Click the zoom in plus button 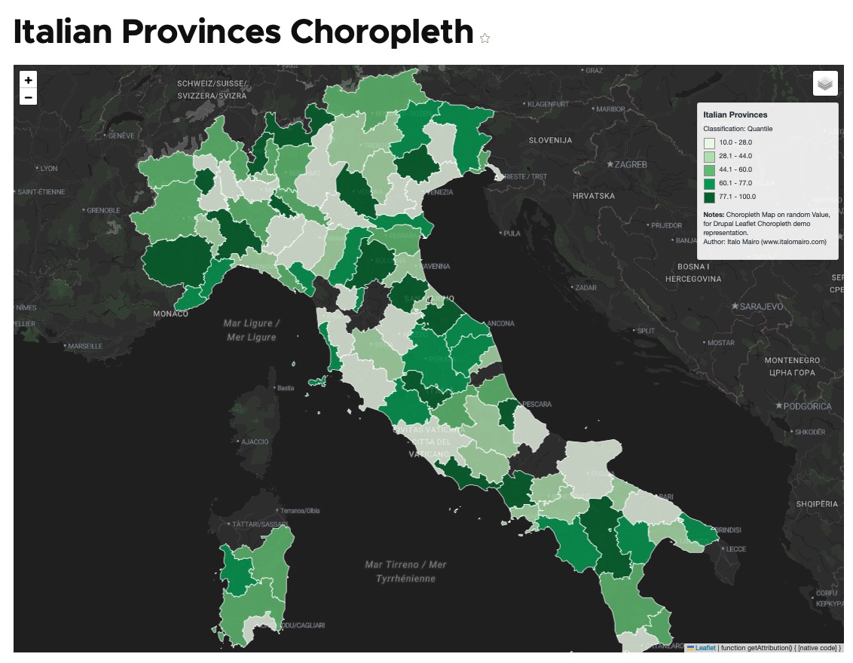pyautogui.click(x=28, y=80)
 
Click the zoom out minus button pyautogui.click(x=28, y=97)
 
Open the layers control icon pyautogui.click(x=825, y=84)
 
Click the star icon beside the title pyautogui.click(x=485, y=38)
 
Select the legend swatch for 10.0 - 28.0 pyautogui.click(x=710, y=142)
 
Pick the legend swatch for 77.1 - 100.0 pyautogui.click(x=710, y=197)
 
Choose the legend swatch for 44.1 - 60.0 pyautogui.click(x=710, y=170)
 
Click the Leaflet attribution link pyautogui.click(x=705, y=647)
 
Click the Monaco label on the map pyautogui.click(x=170, y=313)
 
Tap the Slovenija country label pyautogui.click(x=550, y=140)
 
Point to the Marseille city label pyautogui.click(x=84, y=346)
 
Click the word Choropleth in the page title pyautogui.click(x=381, y=32)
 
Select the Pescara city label pyautogui.click(x=538, y=405)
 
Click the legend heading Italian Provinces pyautogui.click(x=735, y=115)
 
